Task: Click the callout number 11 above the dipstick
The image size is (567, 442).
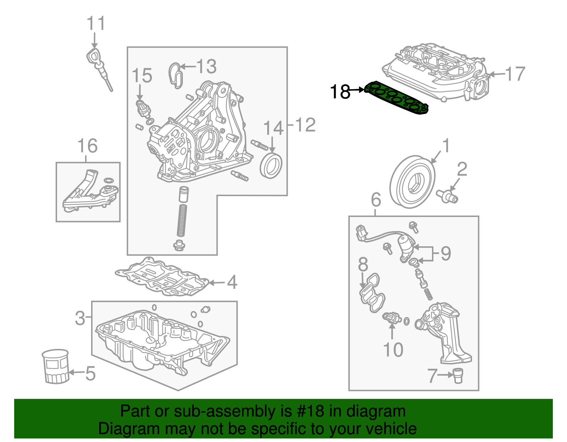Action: click(96, 24)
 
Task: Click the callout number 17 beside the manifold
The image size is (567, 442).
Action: click(515, 74)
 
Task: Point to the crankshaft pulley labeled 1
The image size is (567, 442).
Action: click(412, 182)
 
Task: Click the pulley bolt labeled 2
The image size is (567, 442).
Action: click(447, 195)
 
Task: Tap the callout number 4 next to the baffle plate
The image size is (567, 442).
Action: click(232, 282)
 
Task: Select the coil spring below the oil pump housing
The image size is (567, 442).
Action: click(182, 220)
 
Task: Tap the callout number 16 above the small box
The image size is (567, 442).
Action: click(88, 146)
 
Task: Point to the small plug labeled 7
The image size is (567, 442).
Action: click(458, 375)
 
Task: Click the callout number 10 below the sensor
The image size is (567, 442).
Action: click(393, 349)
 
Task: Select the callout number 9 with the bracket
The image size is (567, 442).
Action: click(445, 253)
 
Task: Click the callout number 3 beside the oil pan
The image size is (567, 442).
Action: click(80, 318)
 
